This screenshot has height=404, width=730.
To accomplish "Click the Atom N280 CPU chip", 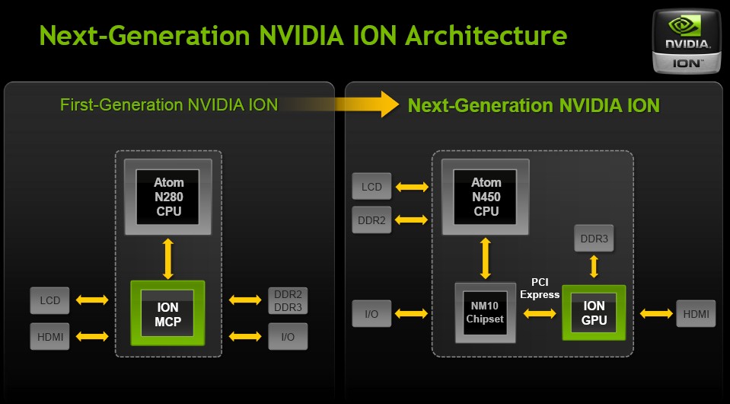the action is coord(168,197).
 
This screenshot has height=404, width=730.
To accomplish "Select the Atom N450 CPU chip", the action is coord(485,197).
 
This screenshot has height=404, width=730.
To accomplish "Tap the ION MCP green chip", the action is coord(167,313).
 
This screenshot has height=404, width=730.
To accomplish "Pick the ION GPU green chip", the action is coord(594,313).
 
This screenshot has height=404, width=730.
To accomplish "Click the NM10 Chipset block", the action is coord(485,313).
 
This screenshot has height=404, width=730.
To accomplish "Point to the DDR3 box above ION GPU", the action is coord(594,239).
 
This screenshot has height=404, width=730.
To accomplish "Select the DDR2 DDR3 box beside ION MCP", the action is coord(288,300).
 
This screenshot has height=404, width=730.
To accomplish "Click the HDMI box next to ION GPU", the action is coord(696,313).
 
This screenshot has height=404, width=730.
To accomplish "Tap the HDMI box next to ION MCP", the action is coord(49,336).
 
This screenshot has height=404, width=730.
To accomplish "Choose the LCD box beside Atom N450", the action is coord(371,187).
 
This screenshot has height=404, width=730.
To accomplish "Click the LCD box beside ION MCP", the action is coord(49,300).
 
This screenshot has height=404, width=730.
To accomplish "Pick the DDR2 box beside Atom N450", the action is coord(371,220).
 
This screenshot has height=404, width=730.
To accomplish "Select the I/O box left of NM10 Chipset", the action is coord(371,313).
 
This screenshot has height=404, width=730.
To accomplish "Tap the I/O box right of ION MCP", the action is coord(288,336).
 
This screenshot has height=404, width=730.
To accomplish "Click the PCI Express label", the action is coord(540,288).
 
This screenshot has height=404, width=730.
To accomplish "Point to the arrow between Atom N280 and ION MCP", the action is coord(168,258).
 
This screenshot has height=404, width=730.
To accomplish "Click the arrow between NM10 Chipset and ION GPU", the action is coord(540,313).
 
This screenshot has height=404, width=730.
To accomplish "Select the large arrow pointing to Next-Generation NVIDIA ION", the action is coord(339,104).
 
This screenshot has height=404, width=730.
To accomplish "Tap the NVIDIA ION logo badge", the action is coord(687,41).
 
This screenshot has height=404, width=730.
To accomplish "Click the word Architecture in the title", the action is coord(486,35).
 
